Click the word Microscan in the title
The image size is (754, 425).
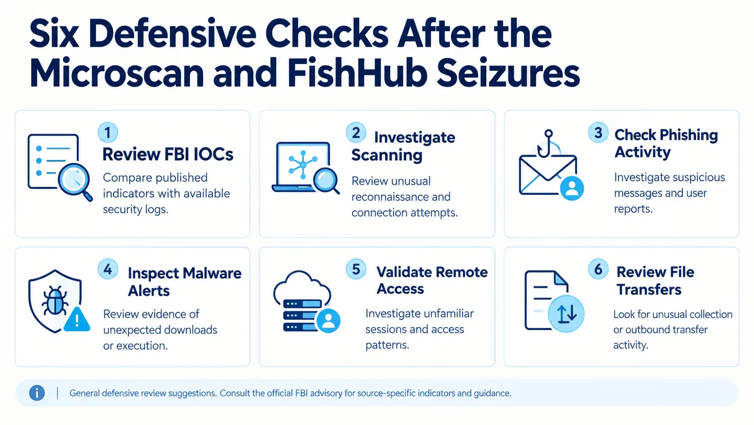(116, 73)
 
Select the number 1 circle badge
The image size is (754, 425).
(108, 132)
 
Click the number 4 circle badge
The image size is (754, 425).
(108, 269)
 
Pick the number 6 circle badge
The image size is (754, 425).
(598, 269)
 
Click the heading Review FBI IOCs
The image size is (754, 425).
(168, 154)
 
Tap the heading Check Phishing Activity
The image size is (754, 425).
(666, 143)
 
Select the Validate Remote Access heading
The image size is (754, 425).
(432, 280)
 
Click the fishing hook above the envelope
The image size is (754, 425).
(545, 144)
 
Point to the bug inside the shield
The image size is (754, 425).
(55, 300)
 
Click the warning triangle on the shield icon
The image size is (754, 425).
(77, 319)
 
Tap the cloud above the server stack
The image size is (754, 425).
(302, 286)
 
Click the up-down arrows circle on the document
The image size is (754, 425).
(566, 314)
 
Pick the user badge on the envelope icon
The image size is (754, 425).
(572, 188)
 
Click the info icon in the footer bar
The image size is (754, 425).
(37, 393)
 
